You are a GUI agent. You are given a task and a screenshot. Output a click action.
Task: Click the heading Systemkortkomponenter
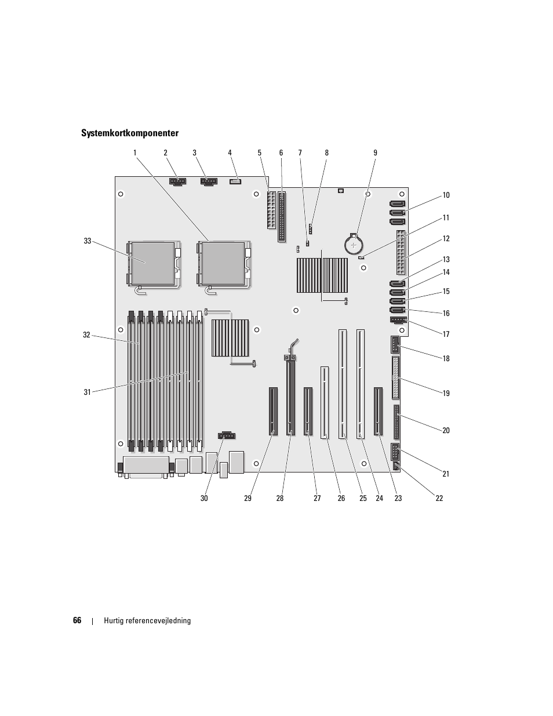tap(130, 133)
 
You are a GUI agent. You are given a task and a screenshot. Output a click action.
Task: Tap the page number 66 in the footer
tap(77, 620)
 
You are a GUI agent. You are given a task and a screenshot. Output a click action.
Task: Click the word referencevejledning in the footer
tap(157, 620)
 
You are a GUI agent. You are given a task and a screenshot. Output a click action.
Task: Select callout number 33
tap(88, 241)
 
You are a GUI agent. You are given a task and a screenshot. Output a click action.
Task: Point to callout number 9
tap(375, 153)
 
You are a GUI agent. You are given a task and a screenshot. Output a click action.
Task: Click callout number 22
tap(439, 498)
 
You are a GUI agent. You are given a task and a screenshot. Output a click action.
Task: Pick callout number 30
tap(204, 498)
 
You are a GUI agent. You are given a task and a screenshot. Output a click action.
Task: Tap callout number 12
tap(446, 238)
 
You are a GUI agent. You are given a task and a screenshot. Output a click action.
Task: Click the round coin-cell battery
tap(353, 245)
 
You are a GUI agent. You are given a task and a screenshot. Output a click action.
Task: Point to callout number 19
tap(446, 393)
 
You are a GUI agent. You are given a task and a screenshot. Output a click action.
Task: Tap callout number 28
tap(280, 498)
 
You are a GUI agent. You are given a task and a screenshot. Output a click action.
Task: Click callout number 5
tap(260, 153)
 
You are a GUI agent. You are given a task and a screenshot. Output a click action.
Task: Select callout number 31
tap(88, 392)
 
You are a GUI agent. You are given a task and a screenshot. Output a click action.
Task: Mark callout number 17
tap(446, 334)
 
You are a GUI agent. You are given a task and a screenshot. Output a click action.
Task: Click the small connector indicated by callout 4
tap(235, 182)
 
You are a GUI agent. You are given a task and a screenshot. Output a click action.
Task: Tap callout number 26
tap(341, 498)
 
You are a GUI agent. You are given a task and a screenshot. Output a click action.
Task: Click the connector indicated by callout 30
tap(227, 435)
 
